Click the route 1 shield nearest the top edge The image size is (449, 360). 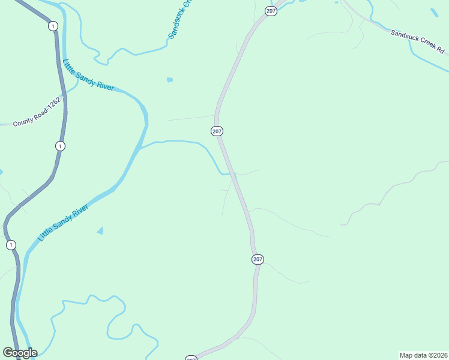(53, 26)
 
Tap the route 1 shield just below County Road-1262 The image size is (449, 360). (59, 146)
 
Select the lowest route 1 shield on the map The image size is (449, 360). (11, 245)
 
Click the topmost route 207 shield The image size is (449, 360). (271, 11)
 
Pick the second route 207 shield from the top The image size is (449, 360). (217, 131)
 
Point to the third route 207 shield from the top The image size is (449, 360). (258, 259)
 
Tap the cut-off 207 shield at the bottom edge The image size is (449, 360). (191, 358)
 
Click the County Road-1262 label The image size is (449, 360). (37, 113)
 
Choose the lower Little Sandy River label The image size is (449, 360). (63, 223)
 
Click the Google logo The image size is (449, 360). (20, 353)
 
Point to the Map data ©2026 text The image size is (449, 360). (424, 355)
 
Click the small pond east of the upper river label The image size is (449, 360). (170, 80)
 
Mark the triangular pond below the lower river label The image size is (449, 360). (100, 230)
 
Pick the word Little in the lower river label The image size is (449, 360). (46, 235)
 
